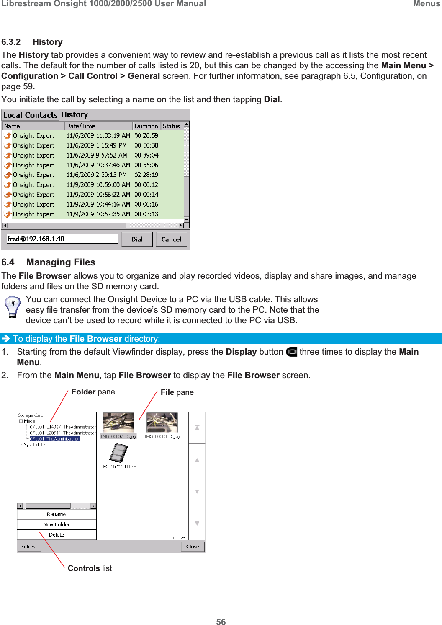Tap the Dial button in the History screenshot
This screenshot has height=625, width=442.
[137, 239]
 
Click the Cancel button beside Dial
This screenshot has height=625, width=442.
[171, 239]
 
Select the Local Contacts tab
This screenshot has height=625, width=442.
[30, 115]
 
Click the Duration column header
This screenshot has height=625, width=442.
[146, 126]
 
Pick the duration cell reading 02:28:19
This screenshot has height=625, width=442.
[146, 175]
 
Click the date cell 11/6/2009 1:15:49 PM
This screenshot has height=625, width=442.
[96, 145]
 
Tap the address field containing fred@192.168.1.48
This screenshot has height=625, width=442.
[62, 239]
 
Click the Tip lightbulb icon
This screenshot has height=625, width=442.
[12, 306]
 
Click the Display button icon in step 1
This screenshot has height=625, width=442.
[291, 352]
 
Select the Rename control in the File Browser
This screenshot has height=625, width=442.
[57, 514]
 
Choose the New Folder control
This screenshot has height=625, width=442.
[57, 524]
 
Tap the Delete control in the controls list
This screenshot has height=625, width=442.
[57, 535]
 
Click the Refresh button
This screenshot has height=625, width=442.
[29, 547]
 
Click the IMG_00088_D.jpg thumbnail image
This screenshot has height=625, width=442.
[162, 423]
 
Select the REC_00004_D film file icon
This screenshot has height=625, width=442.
[118, 453]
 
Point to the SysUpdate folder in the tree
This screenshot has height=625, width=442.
[34, 445]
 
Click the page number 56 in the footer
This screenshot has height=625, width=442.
[221, 622]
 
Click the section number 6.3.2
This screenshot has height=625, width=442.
[11, 42]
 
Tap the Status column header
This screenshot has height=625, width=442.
[171, 126]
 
